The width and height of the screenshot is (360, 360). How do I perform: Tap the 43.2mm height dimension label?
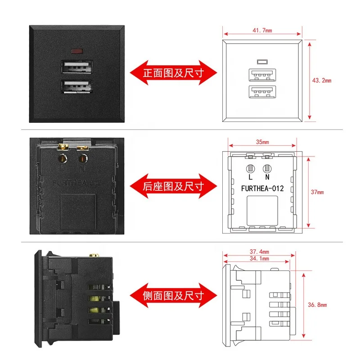pyautogui.click(x=321, y=81)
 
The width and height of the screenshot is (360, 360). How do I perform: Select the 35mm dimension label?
pyautogui.click(x=262, y=142)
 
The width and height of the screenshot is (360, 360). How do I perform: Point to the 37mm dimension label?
pyautogui.click(x=317, y=193)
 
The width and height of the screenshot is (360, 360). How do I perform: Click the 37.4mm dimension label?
pyautogui.click(x=260, y=252)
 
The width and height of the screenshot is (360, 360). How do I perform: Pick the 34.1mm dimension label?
pyautogui.click(x=260, y=259)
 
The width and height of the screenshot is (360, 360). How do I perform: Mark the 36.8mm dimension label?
pyautogui.click(x=318, y=305)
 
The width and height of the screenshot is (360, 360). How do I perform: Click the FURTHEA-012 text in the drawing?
pyautogui.click(x=262, y=189)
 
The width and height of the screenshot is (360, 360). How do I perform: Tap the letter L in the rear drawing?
pyautogui.click(x=251, y=178)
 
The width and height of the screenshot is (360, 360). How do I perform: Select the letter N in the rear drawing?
pyautogui.click(x=267, y=178)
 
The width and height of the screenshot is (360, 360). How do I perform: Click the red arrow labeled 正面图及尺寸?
pyautogui.click(x=173, y=72)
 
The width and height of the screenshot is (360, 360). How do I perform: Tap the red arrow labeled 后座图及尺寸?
pyautogui.click(x=173, y=185)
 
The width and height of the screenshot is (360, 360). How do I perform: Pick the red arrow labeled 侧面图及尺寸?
pyautogui.click(x=173, y=296)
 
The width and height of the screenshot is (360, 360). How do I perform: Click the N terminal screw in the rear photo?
pyautogui.click(x=83, y=158)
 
